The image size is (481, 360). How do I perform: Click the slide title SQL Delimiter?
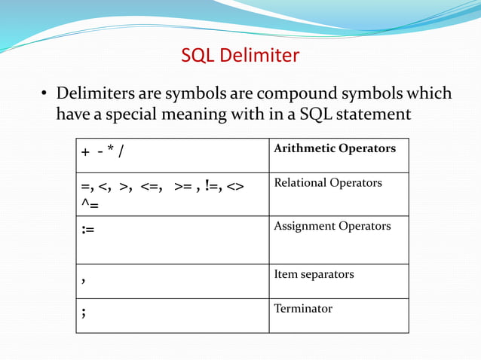[x=240, y=56]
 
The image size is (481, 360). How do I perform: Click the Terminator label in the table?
[x=303, y=308]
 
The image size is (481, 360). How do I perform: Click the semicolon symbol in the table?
[x=84, y=313]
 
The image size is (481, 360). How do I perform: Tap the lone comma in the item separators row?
[x=84, y=280]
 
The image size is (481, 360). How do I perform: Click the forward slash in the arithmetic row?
[x=121, y=152]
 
